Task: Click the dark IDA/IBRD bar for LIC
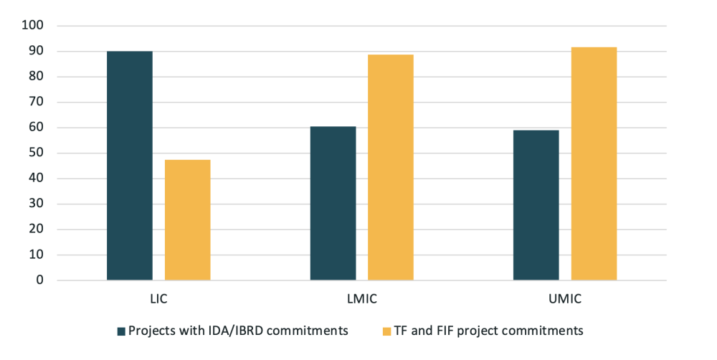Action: click(130, 166)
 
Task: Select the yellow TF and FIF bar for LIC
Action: click(188, 220)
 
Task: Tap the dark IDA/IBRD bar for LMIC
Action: click(333, 203)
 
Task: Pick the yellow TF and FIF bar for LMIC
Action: click(391, 167)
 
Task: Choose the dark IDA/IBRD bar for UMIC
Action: click(536, 205)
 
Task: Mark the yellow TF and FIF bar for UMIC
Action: click(594, 164)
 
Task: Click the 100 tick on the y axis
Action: click(34, 26)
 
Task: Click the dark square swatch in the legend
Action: click(121, 331)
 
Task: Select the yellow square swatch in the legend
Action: click(387, 331)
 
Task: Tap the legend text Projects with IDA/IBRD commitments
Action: click(238, 331)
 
